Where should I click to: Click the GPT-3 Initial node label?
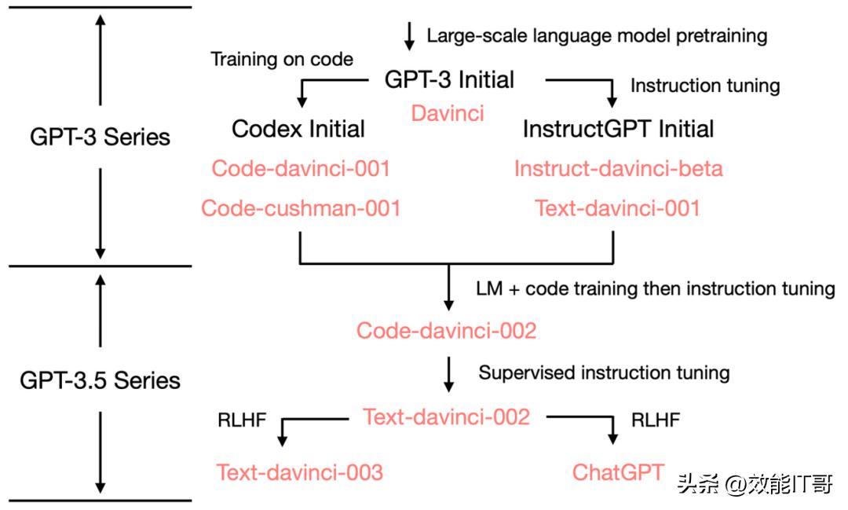[x=449, y=79]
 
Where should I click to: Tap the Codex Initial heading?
[x=298, y=128]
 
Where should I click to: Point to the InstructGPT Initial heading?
[x=618, y=128]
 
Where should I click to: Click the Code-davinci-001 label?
[x=302, y=168]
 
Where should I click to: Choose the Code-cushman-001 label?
[x=302, y=208]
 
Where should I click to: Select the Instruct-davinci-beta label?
[x=618, y=168]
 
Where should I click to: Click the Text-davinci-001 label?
[x=618, y=208]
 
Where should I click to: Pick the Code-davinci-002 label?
[x=446, y=331]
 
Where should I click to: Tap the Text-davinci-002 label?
[x=446, y=416]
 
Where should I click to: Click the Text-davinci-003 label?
[x=300, y=472]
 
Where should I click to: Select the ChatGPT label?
[x=618, y=472]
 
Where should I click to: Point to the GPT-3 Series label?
[x=99, y=137]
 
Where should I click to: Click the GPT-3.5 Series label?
[x=99, y=380]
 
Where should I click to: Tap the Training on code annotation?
[x=281, y=59]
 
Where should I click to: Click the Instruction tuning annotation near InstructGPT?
[x=705, y=86]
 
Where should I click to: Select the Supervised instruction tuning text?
[x=604, y=372]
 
